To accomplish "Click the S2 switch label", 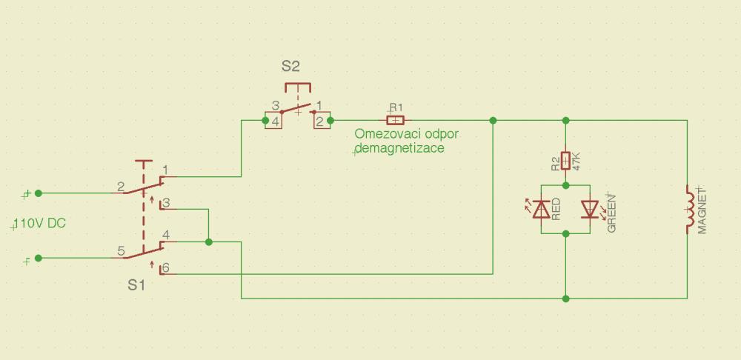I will pyautogui.click(x=290, y=66).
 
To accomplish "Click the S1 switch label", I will pyautogui.click(x=136, y=285).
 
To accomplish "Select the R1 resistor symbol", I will pyautogui.click(x=396, y=120).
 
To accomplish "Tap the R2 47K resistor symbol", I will pyautogui.click(x=566, y=160).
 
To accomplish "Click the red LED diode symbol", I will pyautogui.click(x=542, y=210).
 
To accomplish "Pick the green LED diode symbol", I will pyautogui.click(x=590, y=210).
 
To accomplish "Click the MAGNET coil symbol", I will pyautogui.click(x=691, y=210).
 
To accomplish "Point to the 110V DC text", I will pyautogui.click(x=41, y=224).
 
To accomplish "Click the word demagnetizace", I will pyautogui.click(x=400, y=148).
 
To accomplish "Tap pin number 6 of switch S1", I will pyautogui.click(x=166, y=268).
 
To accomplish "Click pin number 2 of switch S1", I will pyautogui.click(x=120, y=187).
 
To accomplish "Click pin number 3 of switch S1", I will pyautogui.click(x=166, y=202).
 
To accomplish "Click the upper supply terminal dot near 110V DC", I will pyautogui.click(x=39, y=193).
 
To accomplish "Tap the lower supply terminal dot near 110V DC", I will pyautogui.click(x=39, y=259).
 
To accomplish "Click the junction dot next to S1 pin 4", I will pyautogui.click(x=209, y=241).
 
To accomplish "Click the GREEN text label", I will pyautogui.click(x=612, y=213).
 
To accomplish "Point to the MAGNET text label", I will pyautogui.click(x=702, y=213).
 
